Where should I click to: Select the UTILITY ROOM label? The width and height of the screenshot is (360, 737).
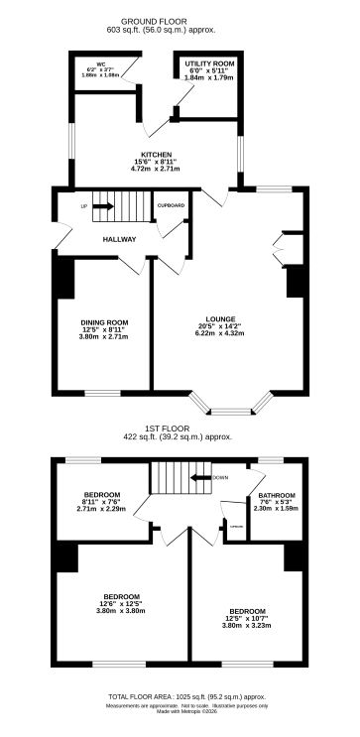click(207, 63)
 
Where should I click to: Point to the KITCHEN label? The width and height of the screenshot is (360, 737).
click(157, 155)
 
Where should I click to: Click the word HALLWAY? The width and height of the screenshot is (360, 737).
click(119, 240)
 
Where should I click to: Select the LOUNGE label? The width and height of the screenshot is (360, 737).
click(220, 319)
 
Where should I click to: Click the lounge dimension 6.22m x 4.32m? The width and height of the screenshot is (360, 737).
click(220, 333)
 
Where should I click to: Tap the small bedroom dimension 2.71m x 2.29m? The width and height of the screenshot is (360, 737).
click(102, 509)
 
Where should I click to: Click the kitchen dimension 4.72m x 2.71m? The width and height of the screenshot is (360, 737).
click(157, 169)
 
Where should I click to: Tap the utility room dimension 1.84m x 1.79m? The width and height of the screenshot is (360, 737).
click(207, 77)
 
